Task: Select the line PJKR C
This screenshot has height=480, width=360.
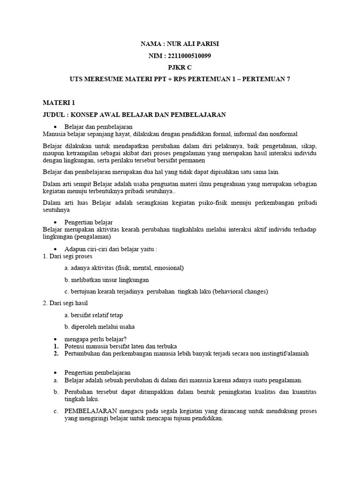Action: [x=180, y=67]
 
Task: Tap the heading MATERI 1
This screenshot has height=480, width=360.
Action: [x=59, y=103]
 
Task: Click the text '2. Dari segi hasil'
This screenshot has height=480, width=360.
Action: [x=65, y=303]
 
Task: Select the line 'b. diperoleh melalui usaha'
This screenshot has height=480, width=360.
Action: [x=99, y=327]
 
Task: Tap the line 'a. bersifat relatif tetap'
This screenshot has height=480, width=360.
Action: [x=94, y=315]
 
